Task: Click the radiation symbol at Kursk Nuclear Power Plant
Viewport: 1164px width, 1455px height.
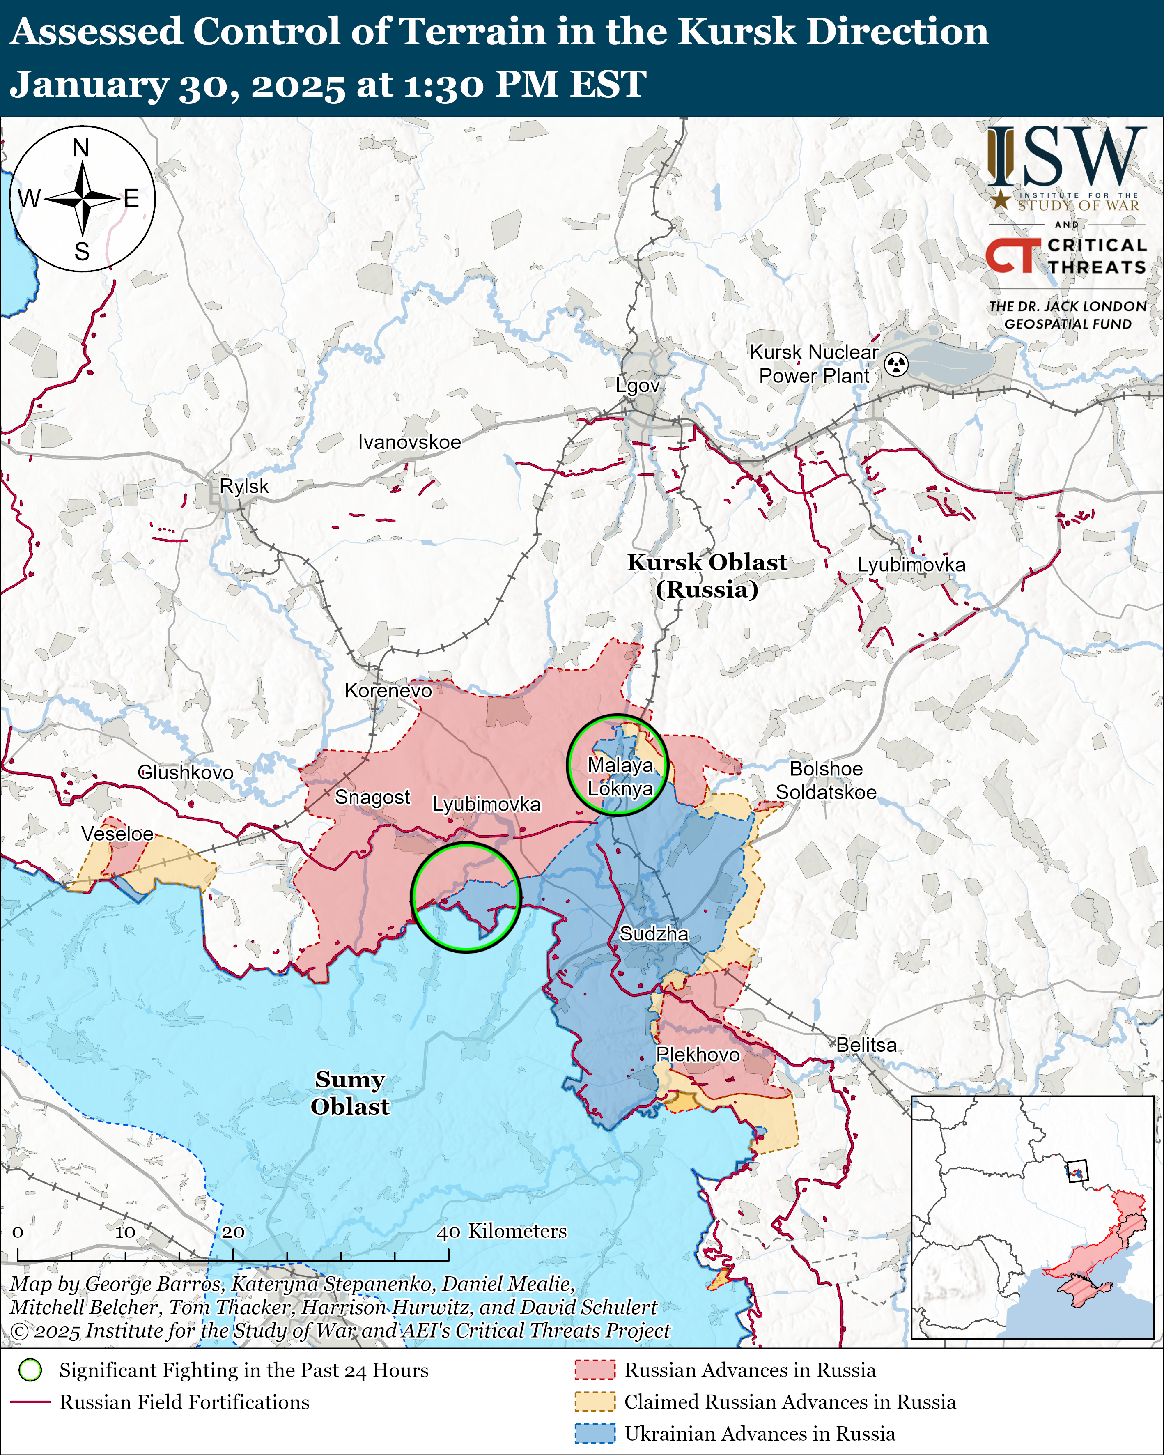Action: pyautogui.click(x=896, y=364)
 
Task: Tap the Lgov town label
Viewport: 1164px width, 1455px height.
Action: pyautogui.click(x=638, y=385)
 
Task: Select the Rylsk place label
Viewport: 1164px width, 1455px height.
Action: pyautogui.click(x=244, y=486)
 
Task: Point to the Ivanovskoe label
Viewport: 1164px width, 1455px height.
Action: pyautogui.click(x=410, y=442)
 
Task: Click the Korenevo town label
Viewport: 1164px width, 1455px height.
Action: pyautogui.click(x=388, y=690)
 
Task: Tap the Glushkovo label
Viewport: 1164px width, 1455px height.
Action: pyautogui.click(x=186, y=772)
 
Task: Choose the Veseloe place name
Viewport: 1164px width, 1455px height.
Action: pyautogui.click(x=117, y=834)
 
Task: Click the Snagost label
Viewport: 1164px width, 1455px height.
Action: pyautogui.click(x=372, y=797)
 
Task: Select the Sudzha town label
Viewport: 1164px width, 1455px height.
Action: pyautogui.click(x=654, y=934)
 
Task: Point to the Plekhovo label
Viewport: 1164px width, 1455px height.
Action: pyautogui.click(x=698, y=1054)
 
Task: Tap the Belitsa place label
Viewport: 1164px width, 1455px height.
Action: pyautogui.click(x=866, y=1045)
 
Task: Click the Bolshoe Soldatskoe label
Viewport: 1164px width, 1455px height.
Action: pyautogui.click(x=826, y=780)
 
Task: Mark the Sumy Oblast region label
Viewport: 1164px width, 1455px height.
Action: pyautogui.click(x=349, y=1093)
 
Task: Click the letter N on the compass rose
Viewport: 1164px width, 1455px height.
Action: pyautogui.click(x=81, y=148)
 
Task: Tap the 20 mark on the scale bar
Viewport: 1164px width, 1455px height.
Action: pyautogui.click(x=233, y=1232)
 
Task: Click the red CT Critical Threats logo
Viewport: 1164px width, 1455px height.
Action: pyautogui.click(x=1012, y=256)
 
